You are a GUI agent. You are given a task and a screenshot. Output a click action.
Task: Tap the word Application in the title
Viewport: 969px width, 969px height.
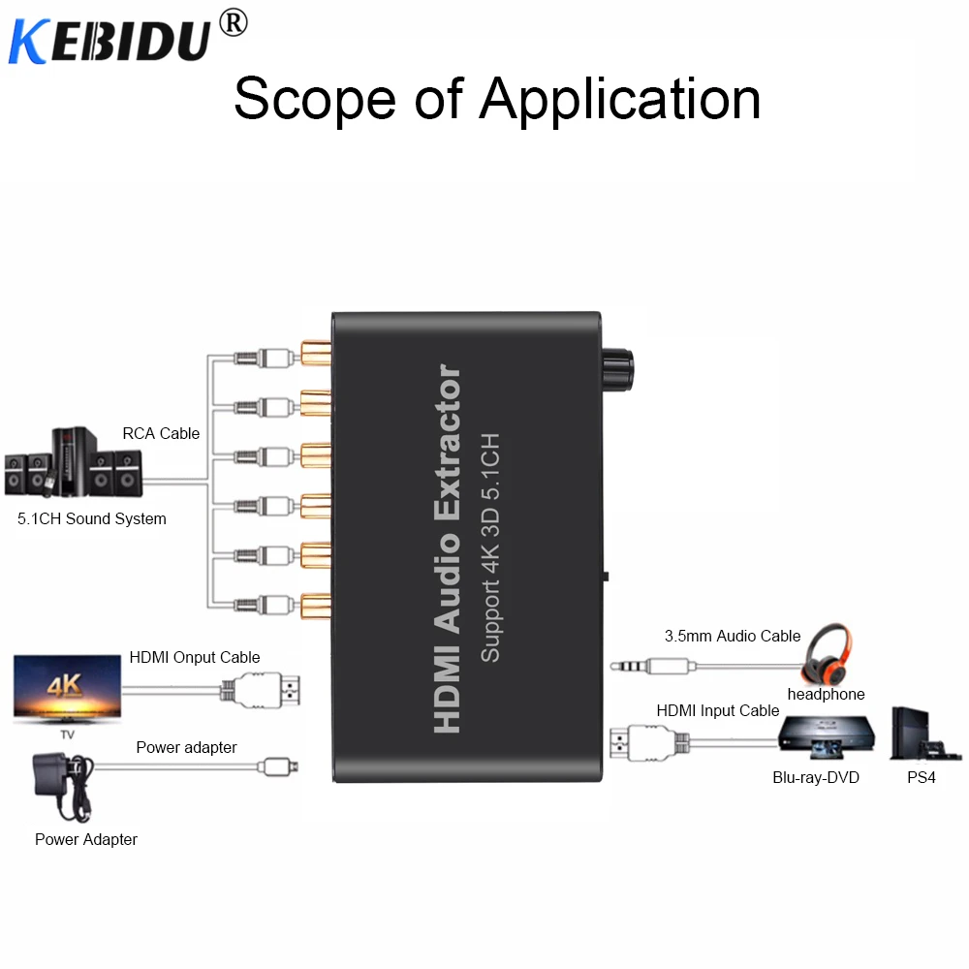(620, 100)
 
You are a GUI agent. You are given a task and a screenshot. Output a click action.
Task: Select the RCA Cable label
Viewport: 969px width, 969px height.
(161, 433)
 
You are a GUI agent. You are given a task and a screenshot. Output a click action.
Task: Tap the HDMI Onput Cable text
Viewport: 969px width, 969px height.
(195, 657)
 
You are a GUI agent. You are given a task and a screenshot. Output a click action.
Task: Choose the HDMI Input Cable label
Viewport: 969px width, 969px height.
(718, 710)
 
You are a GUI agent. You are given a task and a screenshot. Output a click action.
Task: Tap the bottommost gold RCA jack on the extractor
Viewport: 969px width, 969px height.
(316, 605)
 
